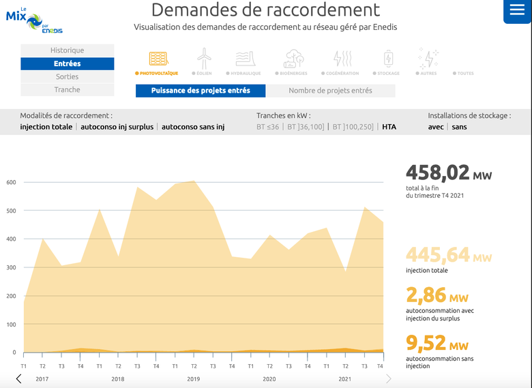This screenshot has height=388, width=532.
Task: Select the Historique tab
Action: pos(67,50)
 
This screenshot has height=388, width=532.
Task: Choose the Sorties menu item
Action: pos(67,77)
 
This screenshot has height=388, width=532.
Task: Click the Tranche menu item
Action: pos(67,90)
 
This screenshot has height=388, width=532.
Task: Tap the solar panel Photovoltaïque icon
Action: pos(158,59)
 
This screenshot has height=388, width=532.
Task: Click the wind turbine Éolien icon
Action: pos(203,59)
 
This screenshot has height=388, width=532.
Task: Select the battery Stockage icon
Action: pos(388,59)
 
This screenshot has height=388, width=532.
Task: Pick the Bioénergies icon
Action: pos(294,59)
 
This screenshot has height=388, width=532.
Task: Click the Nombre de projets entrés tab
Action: pos(330,91)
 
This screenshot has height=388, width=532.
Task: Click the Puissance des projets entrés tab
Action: pos(201,91)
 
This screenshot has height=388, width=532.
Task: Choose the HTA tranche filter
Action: pos(389,127)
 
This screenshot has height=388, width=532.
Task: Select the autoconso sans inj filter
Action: pos(193,127)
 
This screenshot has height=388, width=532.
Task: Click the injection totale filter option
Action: pos(46,127)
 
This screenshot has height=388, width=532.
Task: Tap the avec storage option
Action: pos(436,127)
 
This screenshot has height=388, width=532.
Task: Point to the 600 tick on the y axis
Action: pos(11,182)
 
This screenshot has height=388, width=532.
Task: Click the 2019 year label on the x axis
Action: pos(194,378)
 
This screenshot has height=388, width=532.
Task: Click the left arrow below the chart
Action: pos(18,378)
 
